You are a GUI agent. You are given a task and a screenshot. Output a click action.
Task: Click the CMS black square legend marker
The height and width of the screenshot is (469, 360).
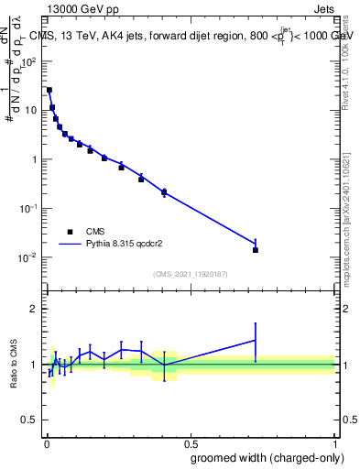point(70,232)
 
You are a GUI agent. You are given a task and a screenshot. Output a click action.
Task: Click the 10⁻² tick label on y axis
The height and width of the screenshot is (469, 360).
point(29,257)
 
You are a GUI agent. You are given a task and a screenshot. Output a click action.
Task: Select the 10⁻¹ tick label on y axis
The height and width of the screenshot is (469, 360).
point(29,208)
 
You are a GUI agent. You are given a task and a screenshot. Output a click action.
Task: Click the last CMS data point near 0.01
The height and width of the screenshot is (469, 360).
point(256,250)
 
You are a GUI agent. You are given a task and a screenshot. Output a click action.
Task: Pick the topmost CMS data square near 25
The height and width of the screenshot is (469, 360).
point(49,90)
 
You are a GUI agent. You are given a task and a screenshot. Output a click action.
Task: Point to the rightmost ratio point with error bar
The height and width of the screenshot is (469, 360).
point(256,340)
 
